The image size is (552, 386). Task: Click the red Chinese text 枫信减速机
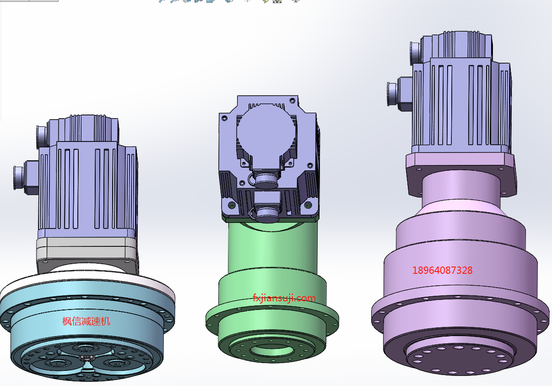pos(86,321)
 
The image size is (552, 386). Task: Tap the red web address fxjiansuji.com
pos(284,298)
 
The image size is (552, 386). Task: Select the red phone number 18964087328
pos(442,271)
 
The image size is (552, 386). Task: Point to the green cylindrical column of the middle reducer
pos(272,246)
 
